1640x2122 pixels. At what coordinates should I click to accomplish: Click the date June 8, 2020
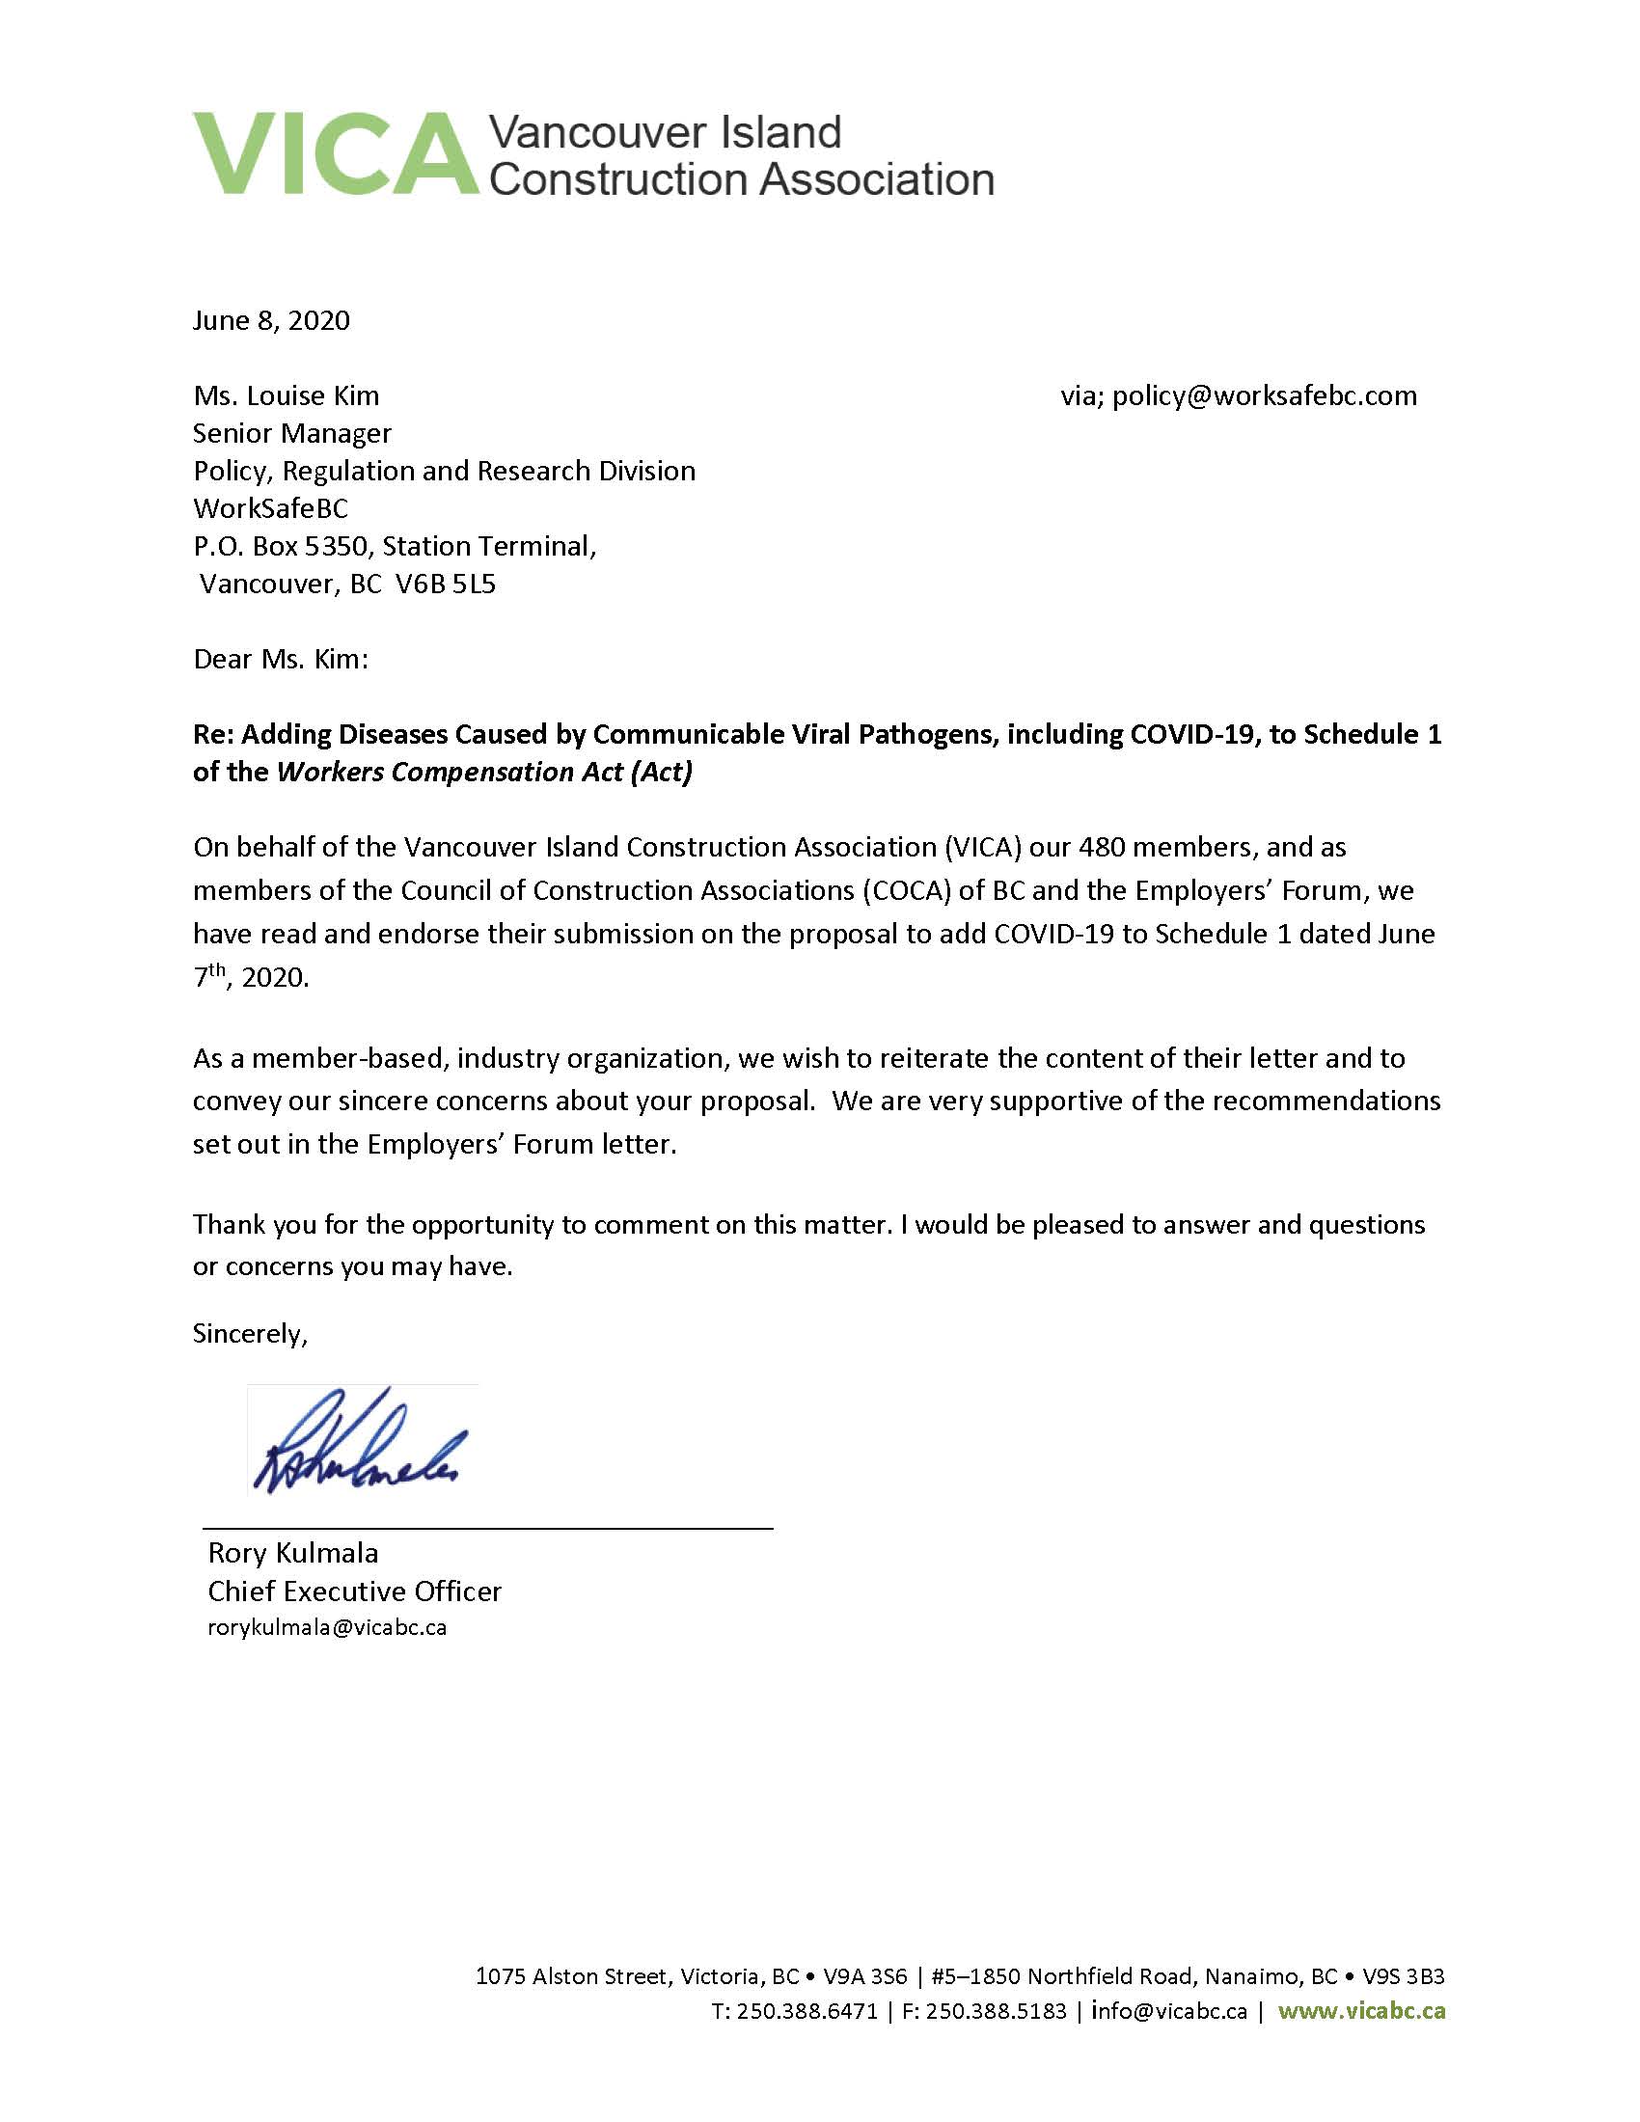click(271, 320)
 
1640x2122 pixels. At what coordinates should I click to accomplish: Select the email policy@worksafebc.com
click(1264, 395)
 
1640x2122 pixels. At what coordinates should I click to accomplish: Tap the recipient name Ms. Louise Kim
click(286, 395)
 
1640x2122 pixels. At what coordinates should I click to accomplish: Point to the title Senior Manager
click(291, 433)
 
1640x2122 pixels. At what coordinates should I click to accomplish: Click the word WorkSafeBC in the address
click(270, 508)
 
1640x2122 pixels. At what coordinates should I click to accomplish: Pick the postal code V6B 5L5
click(446, 584)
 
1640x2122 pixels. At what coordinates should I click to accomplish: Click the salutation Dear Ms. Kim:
click(281, 659)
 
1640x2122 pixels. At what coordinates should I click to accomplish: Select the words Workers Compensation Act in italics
click(450, 772)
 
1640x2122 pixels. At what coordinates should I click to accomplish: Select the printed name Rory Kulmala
click(292, 1553)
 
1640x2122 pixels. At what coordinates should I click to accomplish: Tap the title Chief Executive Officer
click(355, 1591)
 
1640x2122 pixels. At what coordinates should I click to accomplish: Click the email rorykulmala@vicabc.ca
click(327, 1628)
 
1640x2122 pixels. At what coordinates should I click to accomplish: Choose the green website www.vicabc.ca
click(1361, 2011)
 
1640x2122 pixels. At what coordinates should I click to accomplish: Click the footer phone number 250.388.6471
click(806, 2011)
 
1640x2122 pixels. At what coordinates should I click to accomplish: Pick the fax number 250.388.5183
click(996, 2011)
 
